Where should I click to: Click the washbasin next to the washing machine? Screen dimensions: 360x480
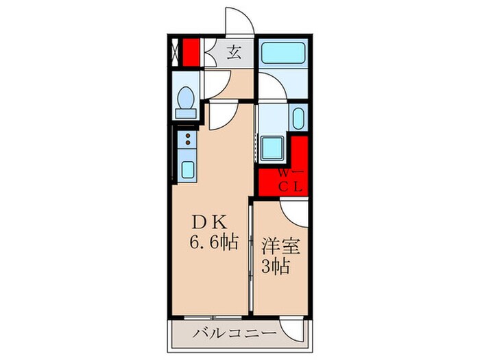click(298, 118)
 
